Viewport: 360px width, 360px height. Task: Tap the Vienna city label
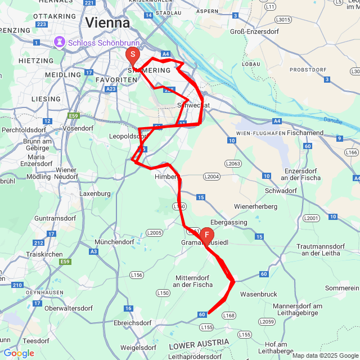click(107, 23)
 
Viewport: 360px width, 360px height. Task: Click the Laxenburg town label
click(95, 193)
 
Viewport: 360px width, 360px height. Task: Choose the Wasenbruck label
click(259, 294)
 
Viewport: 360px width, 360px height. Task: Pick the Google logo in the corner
click(18, 353)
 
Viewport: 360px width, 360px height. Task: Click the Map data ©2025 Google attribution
click(325, 355)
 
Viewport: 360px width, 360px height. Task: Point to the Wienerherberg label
click(256, 206)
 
